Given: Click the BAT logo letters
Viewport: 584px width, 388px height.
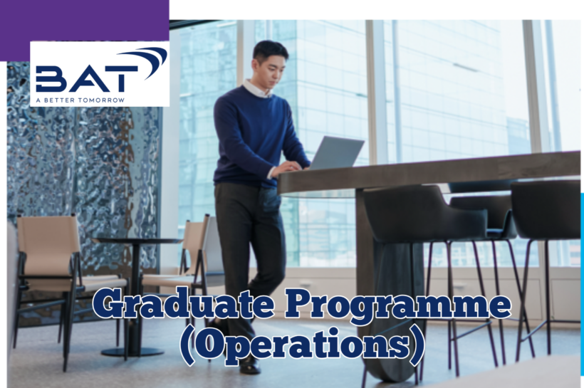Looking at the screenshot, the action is (x=86, y=78).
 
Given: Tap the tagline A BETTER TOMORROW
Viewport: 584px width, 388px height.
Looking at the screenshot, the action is (x=80, y=100).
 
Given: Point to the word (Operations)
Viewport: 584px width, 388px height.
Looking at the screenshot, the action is (x=302, y=345).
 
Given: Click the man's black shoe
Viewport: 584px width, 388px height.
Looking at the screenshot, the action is (x=249, y=365).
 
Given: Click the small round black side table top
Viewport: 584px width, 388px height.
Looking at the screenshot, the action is (x=137, y=241).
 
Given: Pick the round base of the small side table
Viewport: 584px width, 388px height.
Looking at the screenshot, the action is (x=132, y=352).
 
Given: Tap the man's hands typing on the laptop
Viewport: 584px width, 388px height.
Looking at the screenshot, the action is (x=288, y=168).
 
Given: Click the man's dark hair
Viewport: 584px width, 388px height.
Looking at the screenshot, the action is (x=270, y=50).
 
